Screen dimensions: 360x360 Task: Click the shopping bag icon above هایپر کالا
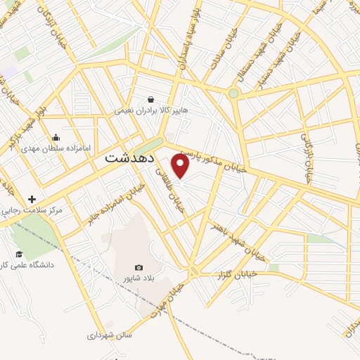click(150, 99)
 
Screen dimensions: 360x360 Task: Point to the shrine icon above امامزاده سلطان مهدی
click(56, 137)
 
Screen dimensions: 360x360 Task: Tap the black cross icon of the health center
click(32, 199)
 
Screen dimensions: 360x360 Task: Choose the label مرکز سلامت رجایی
click(32, 210)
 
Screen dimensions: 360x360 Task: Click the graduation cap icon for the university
click(19, 254)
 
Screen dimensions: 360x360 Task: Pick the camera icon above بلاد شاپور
click(139, 267)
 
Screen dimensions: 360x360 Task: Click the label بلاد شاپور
click(139, 278)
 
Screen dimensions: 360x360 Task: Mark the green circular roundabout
click(233, 92)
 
